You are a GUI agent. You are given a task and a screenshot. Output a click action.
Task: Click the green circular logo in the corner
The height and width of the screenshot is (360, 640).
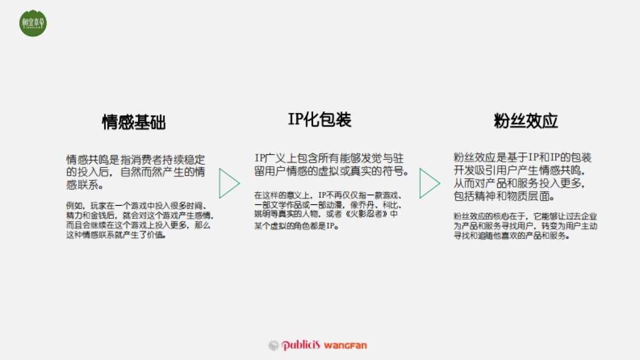33,23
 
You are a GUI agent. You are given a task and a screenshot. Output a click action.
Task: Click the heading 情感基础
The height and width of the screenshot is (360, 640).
134,122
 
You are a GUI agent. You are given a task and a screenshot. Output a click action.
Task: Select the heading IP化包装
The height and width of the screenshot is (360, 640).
320,119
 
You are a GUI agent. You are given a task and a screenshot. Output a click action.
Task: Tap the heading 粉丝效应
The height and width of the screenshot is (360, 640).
526,121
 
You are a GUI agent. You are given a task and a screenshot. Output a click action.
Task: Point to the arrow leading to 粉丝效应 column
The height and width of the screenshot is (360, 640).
429,184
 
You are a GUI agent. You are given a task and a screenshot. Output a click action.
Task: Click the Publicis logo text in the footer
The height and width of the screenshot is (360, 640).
300,345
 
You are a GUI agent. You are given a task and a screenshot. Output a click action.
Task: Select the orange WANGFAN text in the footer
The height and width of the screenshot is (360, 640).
346,345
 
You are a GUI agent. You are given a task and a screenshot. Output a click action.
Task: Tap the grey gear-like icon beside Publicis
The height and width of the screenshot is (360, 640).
274,345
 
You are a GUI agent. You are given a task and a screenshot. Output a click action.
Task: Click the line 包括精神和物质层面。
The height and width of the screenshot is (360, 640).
505,196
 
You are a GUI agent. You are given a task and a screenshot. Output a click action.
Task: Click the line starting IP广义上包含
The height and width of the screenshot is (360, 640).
329,158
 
